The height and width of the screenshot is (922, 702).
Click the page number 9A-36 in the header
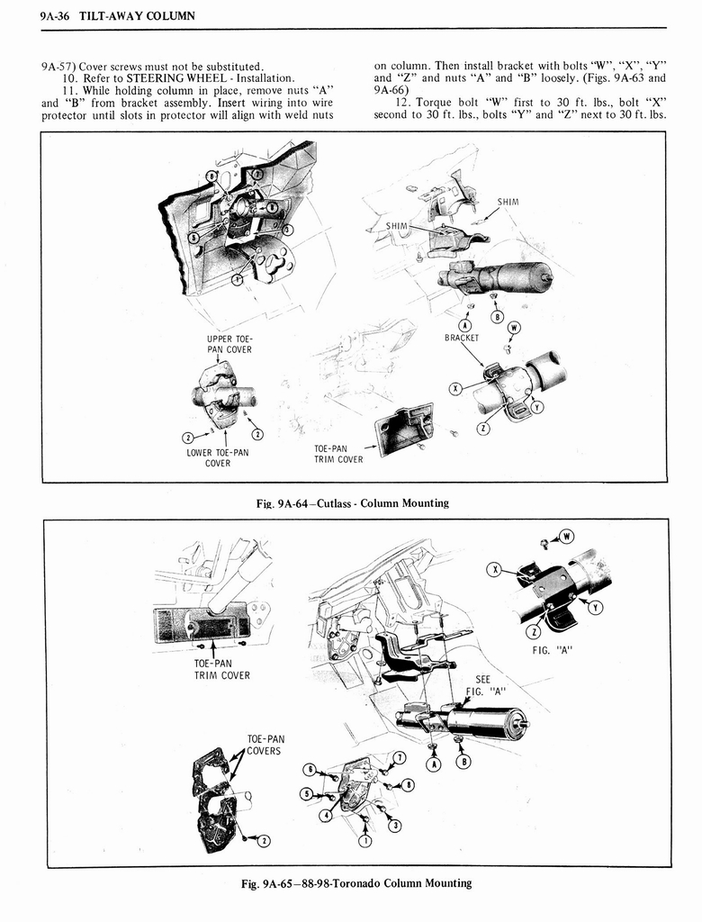click(44, 16)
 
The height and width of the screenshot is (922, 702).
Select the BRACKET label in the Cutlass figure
click(463, 338)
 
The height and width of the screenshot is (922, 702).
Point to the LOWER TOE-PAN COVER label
click(217, 457)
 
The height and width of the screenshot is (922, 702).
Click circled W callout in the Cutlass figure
click(513, 327)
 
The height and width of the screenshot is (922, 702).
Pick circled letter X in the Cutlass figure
click(455, 388)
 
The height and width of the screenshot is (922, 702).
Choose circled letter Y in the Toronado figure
click(594, 607)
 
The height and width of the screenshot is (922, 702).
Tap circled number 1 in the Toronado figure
click(364, 841)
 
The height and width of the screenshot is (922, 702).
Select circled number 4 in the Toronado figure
click(325, 816)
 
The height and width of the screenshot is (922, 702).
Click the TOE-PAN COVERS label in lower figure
click(265, 745)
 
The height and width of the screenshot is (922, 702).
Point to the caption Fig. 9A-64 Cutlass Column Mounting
click(351, 502)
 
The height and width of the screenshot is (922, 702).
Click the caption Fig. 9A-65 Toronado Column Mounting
click(351, 882)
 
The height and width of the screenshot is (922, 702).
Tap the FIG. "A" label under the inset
click(552, 648)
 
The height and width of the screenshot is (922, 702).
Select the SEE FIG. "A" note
click(485, 686)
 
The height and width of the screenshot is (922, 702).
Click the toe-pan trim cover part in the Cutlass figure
click(404, 429)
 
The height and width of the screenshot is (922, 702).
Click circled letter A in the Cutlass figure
click(465, 325)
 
